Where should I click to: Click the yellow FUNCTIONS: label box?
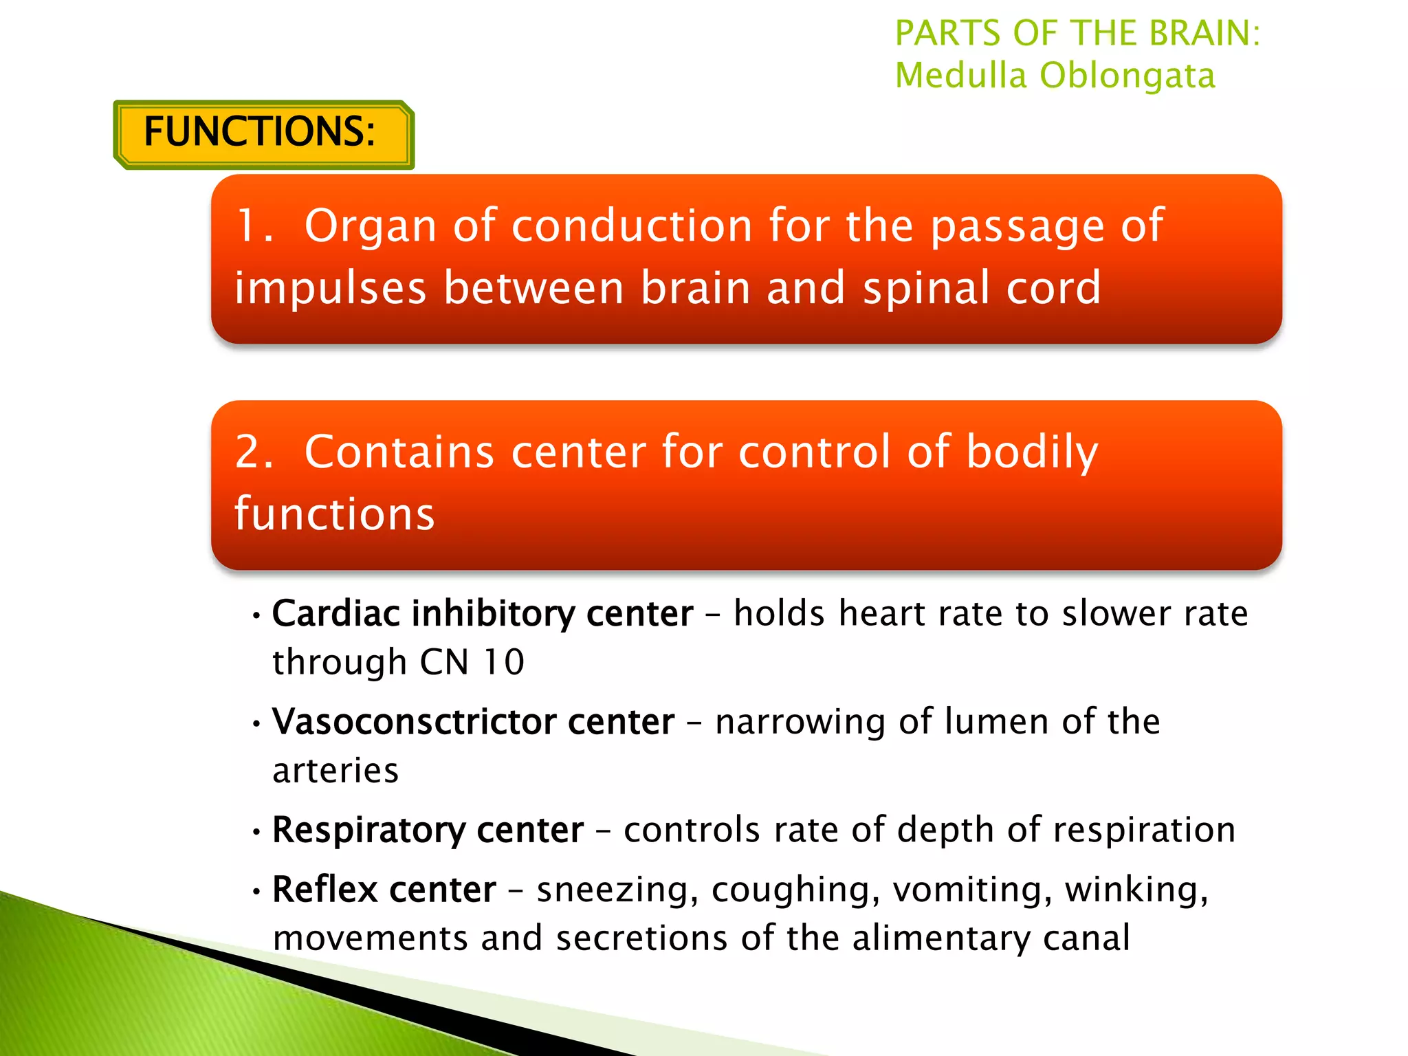coord(263,133)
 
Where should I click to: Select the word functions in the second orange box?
coord(335,514)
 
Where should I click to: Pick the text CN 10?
coord(472,663)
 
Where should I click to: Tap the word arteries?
coord(335,771)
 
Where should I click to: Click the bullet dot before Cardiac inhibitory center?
coord(256,616)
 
